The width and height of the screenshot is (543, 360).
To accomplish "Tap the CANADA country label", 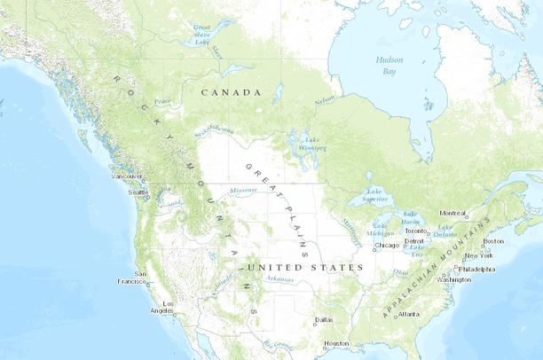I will pos(231,92).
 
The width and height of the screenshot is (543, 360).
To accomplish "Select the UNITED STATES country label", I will pos(305,267).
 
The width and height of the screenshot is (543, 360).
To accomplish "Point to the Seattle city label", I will pos(138,192).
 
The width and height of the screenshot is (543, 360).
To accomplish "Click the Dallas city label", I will pos(324,319).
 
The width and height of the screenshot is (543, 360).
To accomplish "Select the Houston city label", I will pos(336,343).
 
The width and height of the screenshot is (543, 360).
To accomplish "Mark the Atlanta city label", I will pos(409,314).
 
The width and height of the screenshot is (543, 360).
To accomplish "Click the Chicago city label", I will pos(387,246).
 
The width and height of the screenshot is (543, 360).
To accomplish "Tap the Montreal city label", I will pos(452,213).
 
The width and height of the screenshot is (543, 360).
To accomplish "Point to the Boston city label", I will pos(493,241).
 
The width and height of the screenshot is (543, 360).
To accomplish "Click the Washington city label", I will pos(454,279).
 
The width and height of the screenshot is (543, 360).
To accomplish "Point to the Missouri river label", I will pos(243,190).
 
